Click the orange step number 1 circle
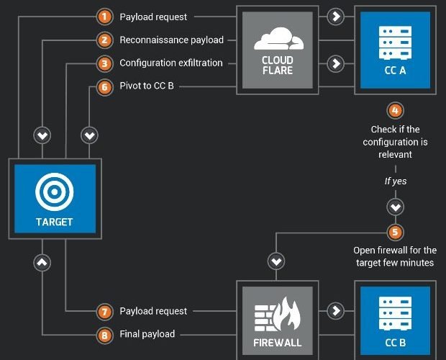tap(104, 17)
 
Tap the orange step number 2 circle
tap(104, 40)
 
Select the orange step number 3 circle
tap(104, 63)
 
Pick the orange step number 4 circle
tap(396, 110)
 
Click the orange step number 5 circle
tap(396, 233)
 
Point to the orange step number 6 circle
tap(104, 87)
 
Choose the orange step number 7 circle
tap(104, 312)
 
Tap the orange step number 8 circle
tap(104, 335)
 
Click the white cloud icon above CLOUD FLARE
tap(279, 39)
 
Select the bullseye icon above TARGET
tap(55, 192)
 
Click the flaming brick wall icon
tap(278, 314)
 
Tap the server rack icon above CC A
tap(395, 42)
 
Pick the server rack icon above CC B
tap(395, 313)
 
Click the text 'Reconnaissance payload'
tap(171, 40)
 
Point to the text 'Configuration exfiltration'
tap(171, 63)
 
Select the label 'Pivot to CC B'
tap(147, 86)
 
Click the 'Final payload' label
tap(147, 334)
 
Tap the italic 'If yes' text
tap(396, 181)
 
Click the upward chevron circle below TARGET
tap(42, 262)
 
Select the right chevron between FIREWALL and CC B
tap(336, 310)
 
